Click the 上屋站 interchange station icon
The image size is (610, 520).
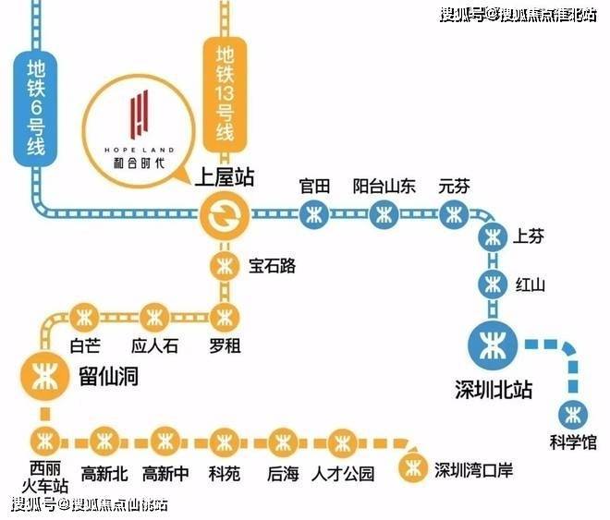click(x=225, y=215)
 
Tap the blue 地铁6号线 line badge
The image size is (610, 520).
click(x=36, y=109)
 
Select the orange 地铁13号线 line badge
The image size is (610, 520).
click(x=225, y=94)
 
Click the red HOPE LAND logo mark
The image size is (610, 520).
click(x=139, y=115)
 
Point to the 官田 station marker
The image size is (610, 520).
click(x=314, y=214)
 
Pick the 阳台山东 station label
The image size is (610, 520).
click(x=384, y=187)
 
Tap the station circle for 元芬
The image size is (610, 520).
click(x=454, y=214)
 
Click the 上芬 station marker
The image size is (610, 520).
click(x=493, y=238)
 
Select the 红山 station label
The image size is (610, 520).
click(x=530, y=285)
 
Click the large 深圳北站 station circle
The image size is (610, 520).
click(x=494, y=345)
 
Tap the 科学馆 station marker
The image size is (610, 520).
click(x=573, y=415)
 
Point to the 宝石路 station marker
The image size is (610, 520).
click(x=225, y=266)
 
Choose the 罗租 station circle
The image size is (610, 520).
click(x=225, y=318)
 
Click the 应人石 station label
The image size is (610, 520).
click(x=155, y=345)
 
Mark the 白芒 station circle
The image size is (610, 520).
click(x=85, y=318)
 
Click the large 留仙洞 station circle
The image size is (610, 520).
click(x=45, y=376)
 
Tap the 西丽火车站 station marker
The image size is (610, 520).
click(x=45, y=441)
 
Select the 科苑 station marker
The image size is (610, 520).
click(x=225, y=442)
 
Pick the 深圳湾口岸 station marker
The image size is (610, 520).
click(x=413, y=468)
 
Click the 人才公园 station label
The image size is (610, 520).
click(x=343, y=474)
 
